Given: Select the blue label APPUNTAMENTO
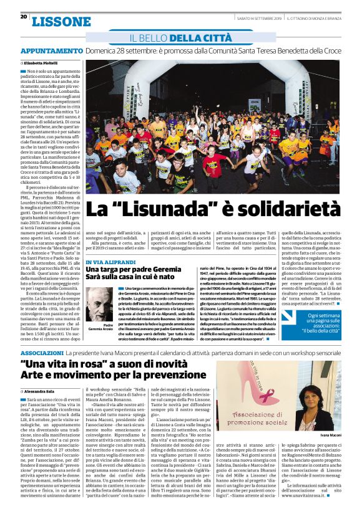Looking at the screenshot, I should coord(52,51).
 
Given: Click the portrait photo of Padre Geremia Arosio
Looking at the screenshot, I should coord(100,303).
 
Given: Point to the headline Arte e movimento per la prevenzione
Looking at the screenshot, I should coord(114,376).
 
